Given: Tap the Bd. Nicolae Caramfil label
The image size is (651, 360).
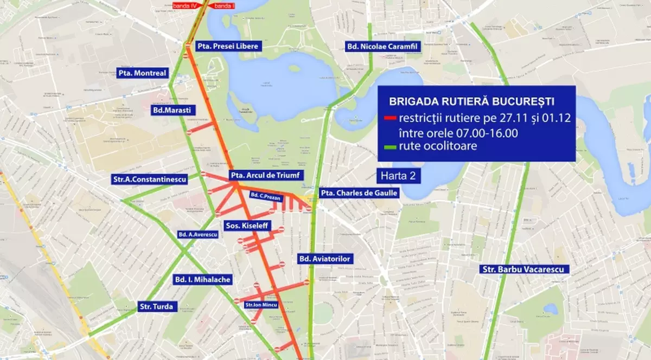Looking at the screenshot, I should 382,47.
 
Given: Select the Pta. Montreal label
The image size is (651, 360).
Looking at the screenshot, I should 142,73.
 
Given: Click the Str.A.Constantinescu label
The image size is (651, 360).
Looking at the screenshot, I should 150,178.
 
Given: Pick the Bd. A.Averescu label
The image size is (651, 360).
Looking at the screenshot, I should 197,234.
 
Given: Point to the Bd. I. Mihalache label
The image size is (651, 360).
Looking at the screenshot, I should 202,280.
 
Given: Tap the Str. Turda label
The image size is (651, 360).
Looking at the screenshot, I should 156,306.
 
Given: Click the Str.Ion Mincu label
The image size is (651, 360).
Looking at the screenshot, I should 261,305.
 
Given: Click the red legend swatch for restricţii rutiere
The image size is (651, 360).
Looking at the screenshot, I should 389,119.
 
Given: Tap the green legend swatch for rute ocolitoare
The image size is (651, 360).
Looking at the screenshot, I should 389,146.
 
